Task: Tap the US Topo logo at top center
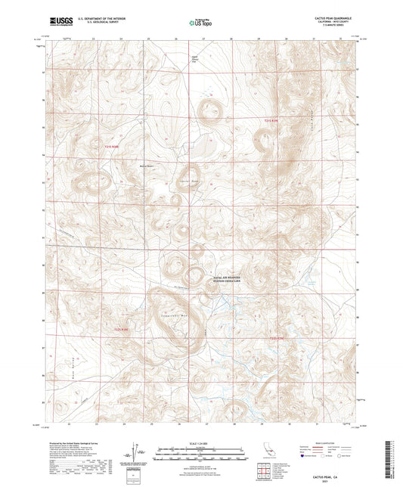200,23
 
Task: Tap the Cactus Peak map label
189,181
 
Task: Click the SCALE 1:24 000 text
201,442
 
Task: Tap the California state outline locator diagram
266,453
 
